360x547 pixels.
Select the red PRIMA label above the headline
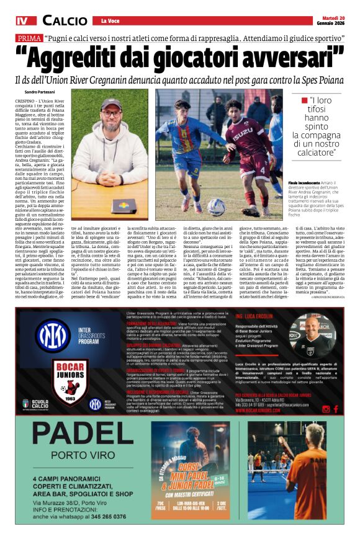29,38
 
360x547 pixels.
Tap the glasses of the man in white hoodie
111,114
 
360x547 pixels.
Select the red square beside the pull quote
304,99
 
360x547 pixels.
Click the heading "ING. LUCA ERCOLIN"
254,316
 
